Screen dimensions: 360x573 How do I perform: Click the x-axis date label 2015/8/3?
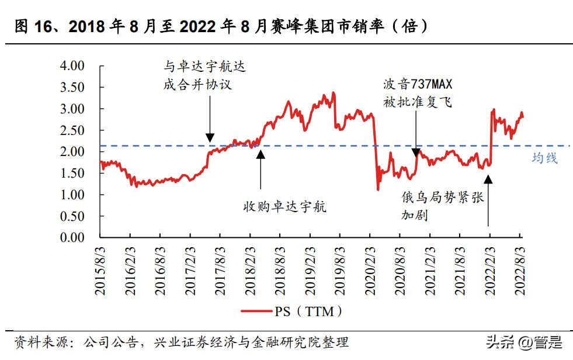coord(101,269)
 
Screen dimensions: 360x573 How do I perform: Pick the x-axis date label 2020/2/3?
coord(370,269)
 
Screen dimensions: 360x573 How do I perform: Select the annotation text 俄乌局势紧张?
coord(442,198)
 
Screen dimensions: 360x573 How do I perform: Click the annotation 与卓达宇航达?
coord(204,67)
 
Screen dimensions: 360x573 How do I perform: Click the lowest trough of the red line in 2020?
coord(378,189)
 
